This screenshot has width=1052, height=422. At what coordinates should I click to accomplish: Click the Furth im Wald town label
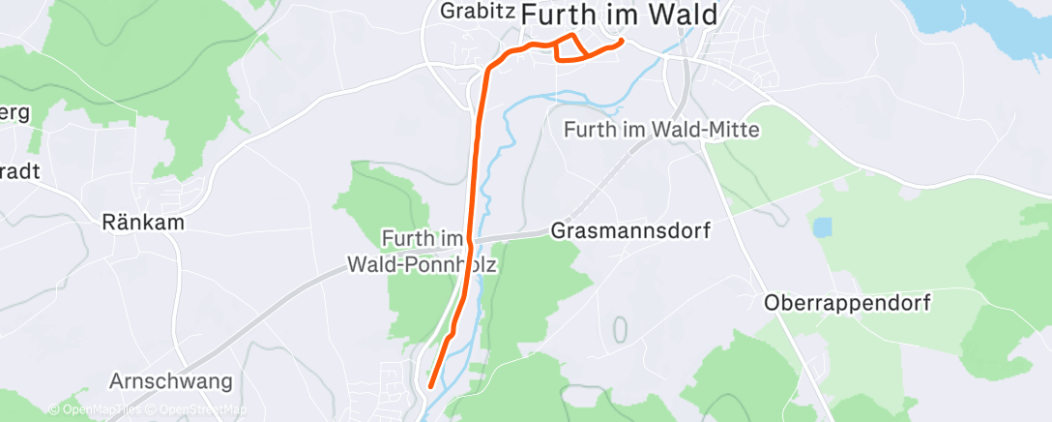[x=620, y=15]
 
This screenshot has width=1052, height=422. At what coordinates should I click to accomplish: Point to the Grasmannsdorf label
[x=630, y=232]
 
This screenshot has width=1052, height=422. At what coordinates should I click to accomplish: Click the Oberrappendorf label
[x=847, y=303]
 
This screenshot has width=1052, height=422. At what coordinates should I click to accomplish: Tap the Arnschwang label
[x=171, y=381]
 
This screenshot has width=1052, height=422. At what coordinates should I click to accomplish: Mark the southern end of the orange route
[x=430, y=386]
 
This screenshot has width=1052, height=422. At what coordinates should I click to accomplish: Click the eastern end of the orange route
[x=621, y=41]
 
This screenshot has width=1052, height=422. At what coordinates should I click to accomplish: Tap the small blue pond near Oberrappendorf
[x=822, y=227]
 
